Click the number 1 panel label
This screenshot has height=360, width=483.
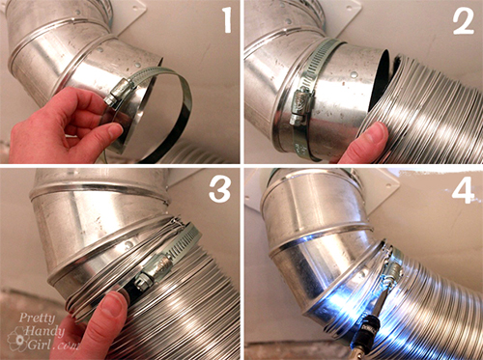click(x=227, y=20)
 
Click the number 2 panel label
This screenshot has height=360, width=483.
click(x=463, y=21)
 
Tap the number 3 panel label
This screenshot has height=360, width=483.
click(x=219, y=189)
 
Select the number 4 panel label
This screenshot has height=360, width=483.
click(x=463, y=190)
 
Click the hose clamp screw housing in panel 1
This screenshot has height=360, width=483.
click(x=120, y=91)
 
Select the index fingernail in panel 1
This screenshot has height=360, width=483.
click(x=115, y=131)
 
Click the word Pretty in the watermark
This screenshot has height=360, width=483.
click(x=37, y=318)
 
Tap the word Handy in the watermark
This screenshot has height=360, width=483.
click(x=45, y=332)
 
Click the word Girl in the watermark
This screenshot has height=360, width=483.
click(x=40, y=344)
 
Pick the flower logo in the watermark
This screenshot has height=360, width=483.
click(x=18, y=339)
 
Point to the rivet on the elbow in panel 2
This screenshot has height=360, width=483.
click(x=355, y=74)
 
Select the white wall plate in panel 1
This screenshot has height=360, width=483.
click(x=128, y=16)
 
